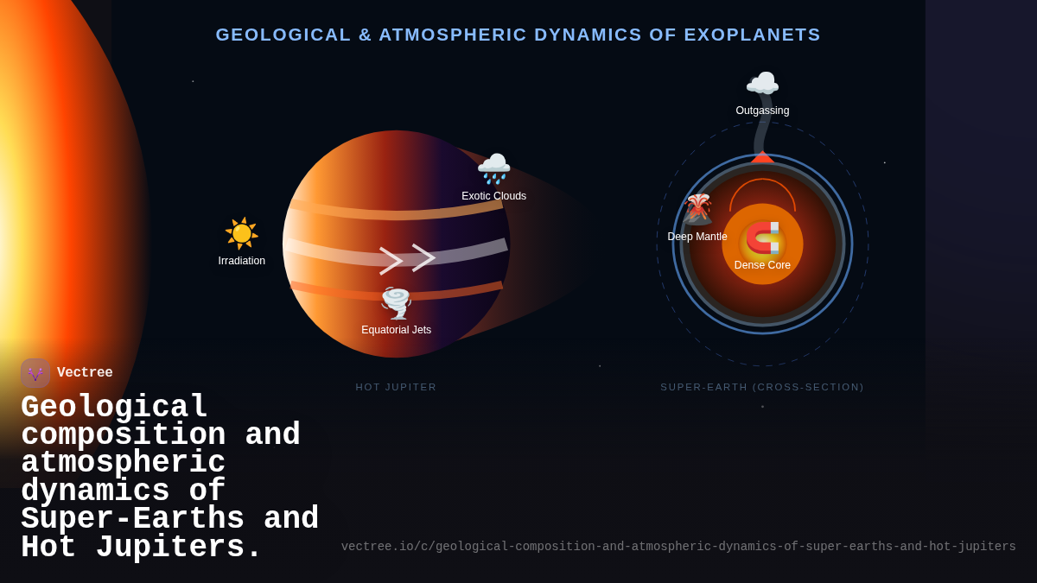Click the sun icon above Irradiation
242,233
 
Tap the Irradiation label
242,261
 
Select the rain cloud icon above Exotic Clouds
493,168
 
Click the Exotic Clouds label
493,196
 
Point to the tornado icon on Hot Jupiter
396,303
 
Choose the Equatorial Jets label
396,330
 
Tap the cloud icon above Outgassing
762,85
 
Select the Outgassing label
762,111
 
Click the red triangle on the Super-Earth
762,157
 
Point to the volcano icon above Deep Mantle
697,209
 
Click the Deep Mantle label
697,237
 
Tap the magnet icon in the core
762,238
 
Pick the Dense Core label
762,265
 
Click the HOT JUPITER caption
396,387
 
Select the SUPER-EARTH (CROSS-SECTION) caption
762,387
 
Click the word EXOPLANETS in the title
752,35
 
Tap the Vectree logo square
35,373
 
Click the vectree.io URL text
678,547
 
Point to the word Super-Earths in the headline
132,520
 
